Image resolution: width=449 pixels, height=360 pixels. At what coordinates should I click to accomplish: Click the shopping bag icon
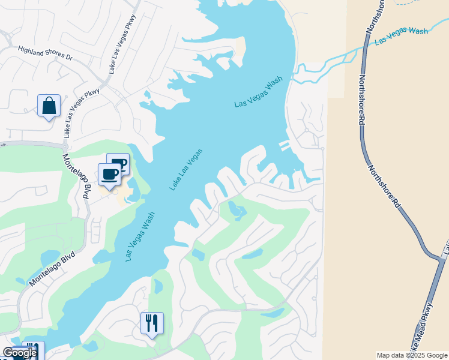[x=49, y=106]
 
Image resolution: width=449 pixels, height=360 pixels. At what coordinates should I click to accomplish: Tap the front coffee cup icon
[x=109, y=175]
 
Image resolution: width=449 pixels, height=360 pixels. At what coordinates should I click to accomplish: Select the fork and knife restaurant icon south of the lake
[x=152, y=323]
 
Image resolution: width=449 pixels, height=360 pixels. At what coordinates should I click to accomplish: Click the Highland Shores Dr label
[x=44, y=53]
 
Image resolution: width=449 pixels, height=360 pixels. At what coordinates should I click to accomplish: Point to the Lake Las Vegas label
[x=185, y=170]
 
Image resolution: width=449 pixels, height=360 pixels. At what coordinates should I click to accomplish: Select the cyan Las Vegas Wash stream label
[x=402, y=36]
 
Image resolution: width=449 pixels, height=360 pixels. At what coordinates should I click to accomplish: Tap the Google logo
[x=19, y=353]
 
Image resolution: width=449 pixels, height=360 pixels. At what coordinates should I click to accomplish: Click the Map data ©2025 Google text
[x=412, y=355]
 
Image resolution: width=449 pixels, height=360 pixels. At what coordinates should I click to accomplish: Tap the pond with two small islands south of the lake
[x=237, y=211]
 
